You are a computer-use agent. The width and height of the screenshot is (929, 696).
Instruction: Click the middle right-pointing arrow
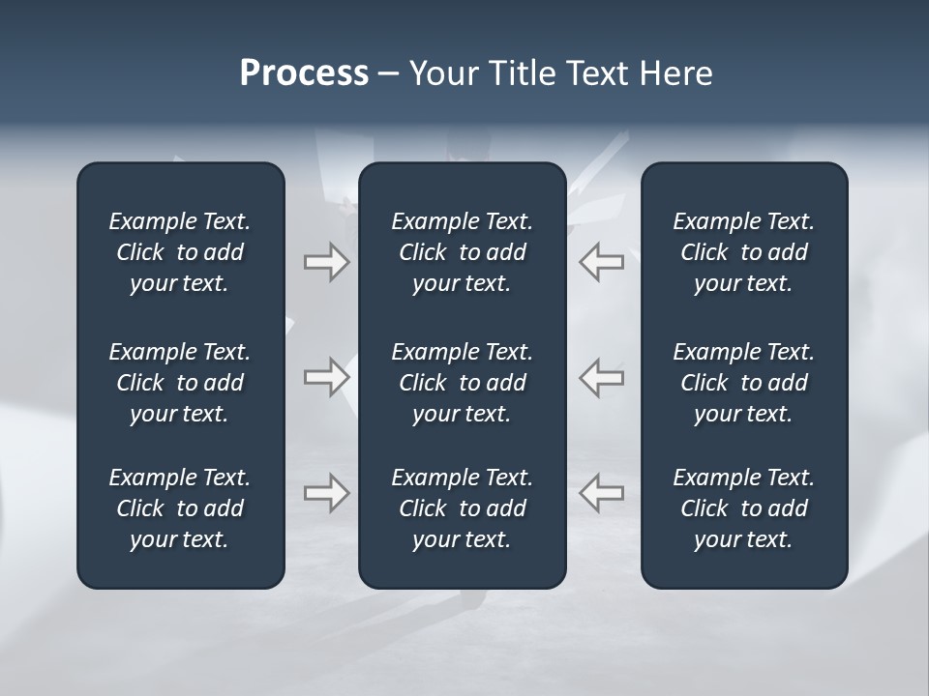pos(327,377)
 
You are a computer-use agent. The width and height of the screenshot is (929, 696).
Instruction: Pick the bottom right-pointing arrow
pos(327,493)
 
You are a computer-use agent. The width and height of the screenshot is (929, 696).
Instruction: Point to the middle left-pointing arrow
pos(602,377)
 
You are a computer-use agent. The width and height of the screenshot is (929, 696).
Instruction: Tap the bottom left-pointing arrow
pos(602,493)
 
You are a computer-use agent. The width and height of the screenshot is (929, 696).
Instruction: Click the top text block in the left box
pos(180,252)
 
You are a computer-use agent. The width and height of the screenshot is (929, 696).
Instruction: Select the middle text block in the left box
pos(180,383)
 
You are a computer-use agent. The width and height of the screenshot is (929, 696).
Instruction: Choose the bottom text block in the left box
pos(180,508)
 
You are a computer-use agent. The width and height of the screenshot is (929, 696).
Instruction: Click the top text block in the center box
pos(463,252)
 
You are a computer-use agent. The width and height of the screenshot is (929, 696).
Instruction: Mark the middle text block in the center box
pos(463,383)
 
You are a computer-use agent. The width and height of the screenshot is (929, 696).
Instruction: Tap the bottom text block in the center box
pos(463,508)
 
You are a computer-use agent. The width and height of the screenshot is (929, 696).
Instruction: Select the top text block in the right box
pos(744,252)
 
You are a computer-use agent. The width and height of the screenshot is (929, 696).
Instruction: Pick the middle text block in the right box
pos(744,383)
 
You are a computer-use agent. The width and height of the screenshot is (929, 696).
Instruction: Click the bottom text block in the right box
pos(744,508)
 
